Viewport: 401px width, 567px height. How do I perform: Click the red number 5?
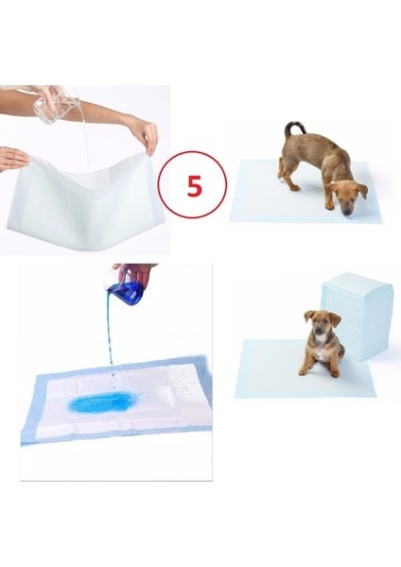pos(194,185)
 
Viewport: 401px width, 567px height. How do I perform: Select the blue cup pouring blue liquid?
pos(125,289)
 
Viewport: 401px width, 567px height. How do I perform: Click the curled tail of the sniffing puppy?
pos(292,127)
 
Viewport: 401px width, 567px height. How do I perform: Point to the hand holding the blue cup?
pos(137,273)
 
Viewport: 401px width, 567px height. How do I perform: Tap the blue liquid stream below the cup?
pos(111,340)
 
